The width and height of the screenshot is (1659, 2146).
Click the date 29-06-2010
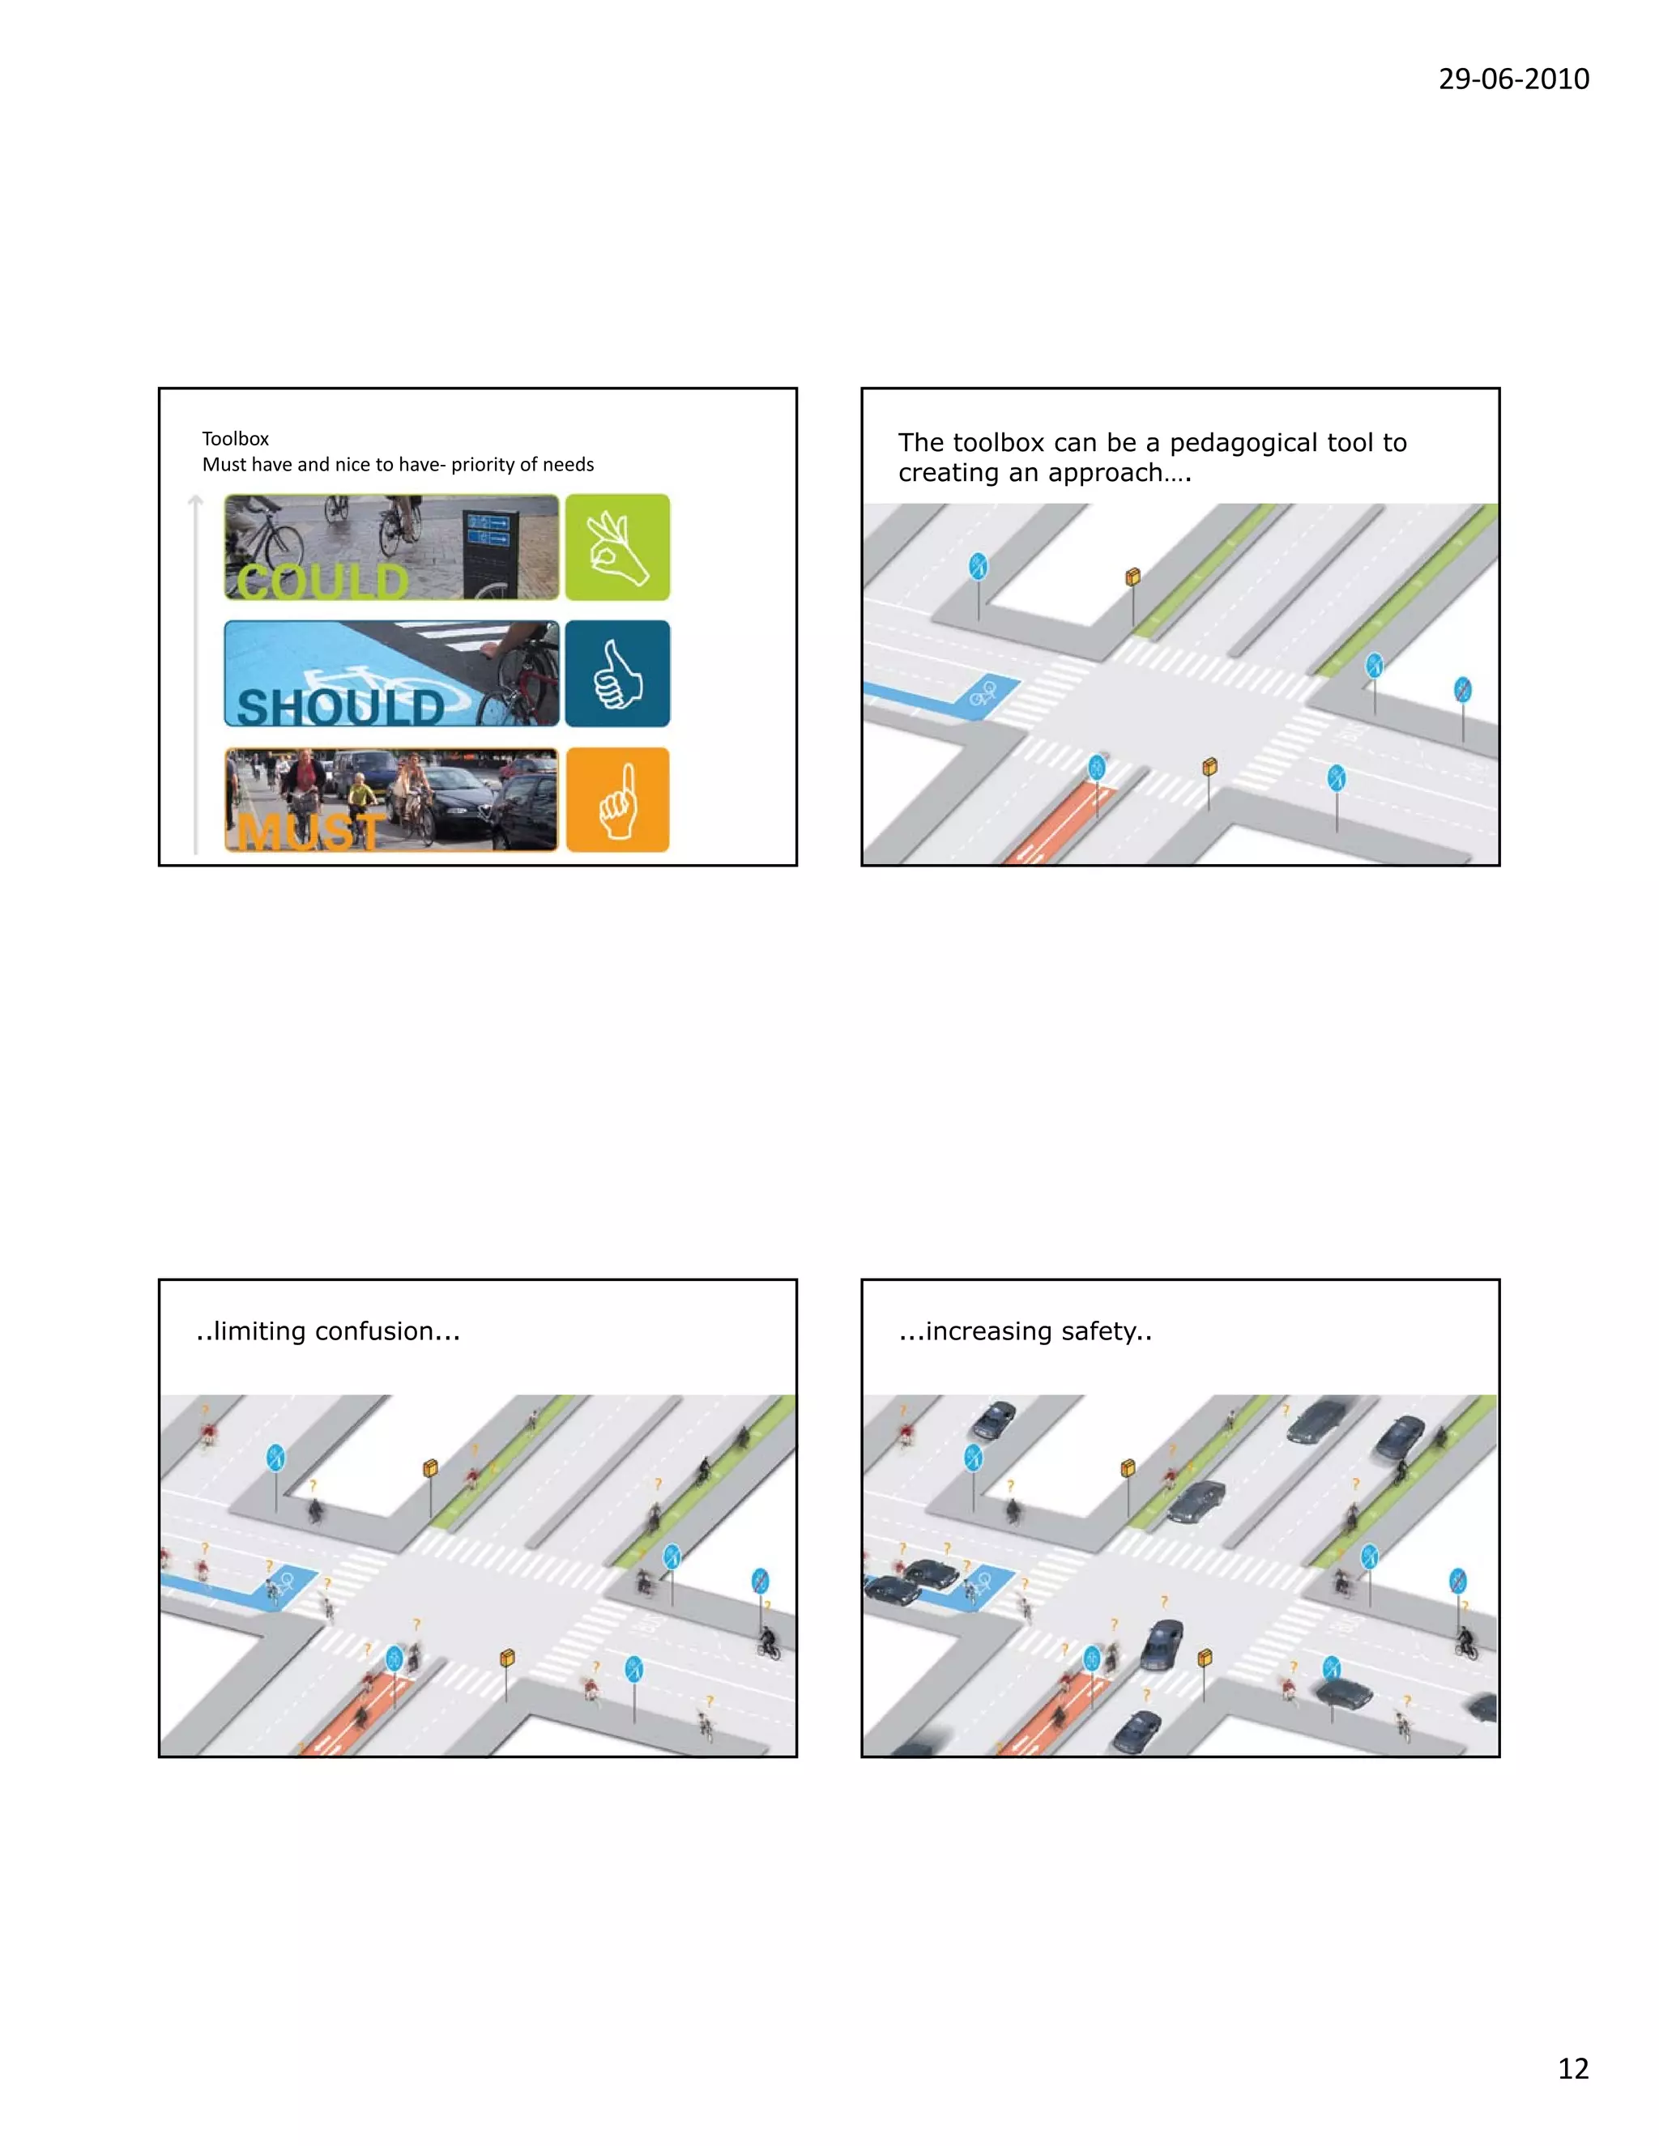point(1512,79)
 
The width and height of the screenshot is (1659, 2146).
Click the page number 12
point(1572,2068)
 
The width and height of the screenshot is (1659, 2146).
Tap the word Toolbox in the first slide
point(235,438)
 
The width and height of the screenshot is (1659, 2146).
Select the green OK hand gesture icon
point(617,547)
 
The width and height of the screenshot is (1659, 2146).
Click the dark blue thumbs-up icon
point(617,673)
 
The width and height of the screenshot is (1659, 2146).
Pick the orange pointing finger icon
point(617,800)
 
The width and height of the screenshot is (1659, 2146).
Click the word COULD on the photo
point(322,581)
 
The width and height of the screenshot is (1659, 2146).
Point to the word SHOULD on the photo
point(340,706)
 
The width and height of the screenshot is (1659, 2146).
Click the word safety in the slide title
point(1098,1331)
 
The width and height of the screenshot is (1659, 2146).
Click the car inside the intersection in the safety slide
point(1162,1644)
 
